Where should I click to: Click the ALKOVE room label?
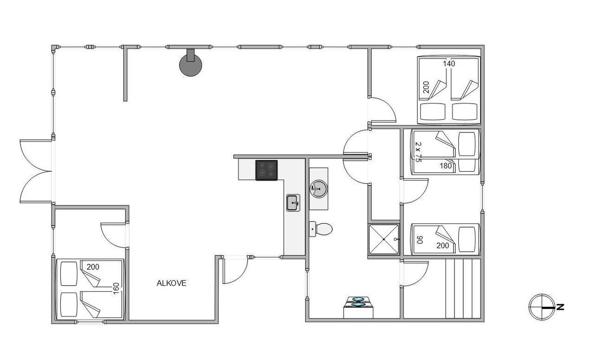[x=172, y=283]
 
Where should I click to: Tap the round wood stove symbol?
[x=190, y=65]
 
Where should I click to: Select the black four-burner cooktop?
[x=267, y=170]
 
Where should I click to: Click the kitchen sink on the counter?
[x=293, y=203]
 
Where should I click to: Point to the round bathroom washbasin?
[x=319, y=189]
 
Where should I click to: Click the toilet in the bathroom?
[x=321, y=229]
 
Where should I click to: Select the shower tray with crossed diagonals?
[x=384, y=239]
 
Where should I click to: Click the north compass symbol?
[x=542, y=307]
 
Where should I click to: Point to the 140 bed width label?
[x=449, y=64]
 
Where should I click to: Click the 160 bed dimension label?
[x=116, y=288]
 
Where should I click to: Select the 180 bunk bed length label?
[x=446, y=166]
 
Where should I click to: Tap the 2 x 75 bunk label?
[x=418, y=152]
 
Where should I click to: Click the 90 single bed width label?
[x=420, y=240]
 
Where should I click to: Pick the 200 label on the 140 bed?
[x=426, y=87]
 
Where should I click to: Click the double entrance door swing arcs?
[x=36, y=171]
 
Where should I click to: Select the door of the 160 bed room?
[x=113, y=235]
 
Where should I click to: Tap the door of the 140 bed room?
[x=382, y=110]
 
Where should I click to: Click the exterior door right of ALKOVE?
[x=235, y=270]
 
